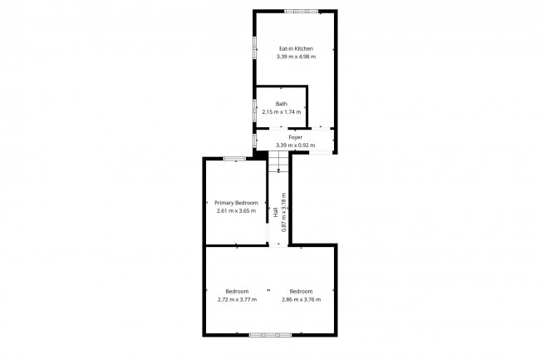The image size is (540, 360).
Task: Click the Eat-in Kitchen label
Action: click(296, 49)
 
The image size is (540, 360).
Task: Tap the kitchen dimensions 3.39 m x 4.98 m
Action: click(296, 57)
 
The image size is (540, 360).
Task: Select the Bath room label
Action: click(282, 104)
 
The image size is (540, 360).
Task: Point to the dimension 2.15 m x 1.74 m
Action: click(282, 112)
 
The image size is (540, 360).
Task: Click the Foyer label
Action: click(295, 136)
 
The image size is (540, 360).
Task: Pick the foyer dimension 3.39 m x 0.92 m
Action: click(295, 145)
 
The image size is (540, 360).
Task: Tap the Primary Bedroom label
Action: click(237, 203)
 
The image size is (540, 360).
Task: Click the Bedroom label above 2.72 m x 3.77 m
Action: click(237, 291)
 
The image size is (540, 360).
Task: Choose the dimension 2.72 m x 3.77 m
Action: click(237, 299)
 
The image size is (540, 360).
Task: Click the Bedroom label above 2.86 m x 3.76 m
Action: click(301, 291)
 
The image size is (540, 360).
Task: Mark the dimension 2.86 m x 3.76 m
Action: click(301, 299)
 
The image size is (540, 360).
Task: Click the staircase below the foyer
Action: click(278, 161)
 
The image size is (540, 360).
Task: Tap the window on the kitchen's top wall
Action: click(302, 11)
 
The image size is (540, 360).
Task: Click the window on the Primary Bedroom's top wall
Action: click(233, 158)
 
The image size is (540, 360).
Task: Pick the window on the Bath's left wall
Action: click(255, 107)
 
